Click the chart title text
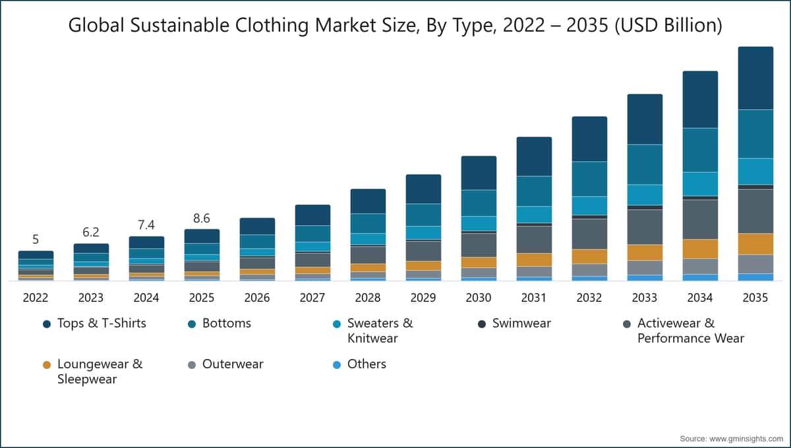pos(395,26)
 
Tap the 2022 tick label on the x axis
pos(36,298)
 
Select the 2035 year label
pos(755,298)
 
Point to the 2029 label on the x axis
pos(423,298)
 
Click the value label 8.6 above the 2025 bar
pos(202,218)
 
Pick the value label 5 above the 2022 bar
pos(36,240)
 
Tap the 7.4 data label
pos(146,225)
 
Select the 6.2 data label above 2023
pos(91,233)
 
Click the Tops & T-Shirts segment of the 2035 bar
pos(755,78)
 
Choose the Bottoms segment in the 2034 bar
pos(700,150)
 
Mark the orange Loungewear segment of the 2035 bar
pos(755,244)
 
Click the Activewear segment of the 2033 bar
pos(645,227)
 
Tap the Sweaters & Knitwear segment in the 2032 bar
pos(589,206)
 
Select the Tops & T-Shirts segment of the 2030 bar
pos(479,173)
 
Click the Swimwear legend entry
pos(521,323)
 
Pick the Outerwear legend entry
pos(232,364)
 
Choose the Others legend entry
pos(366,364)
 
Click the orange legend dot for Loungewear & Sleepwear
pos(47,365)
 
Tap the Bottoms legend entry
pos(226,323)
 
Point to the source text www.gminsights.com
pos(731,438)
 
